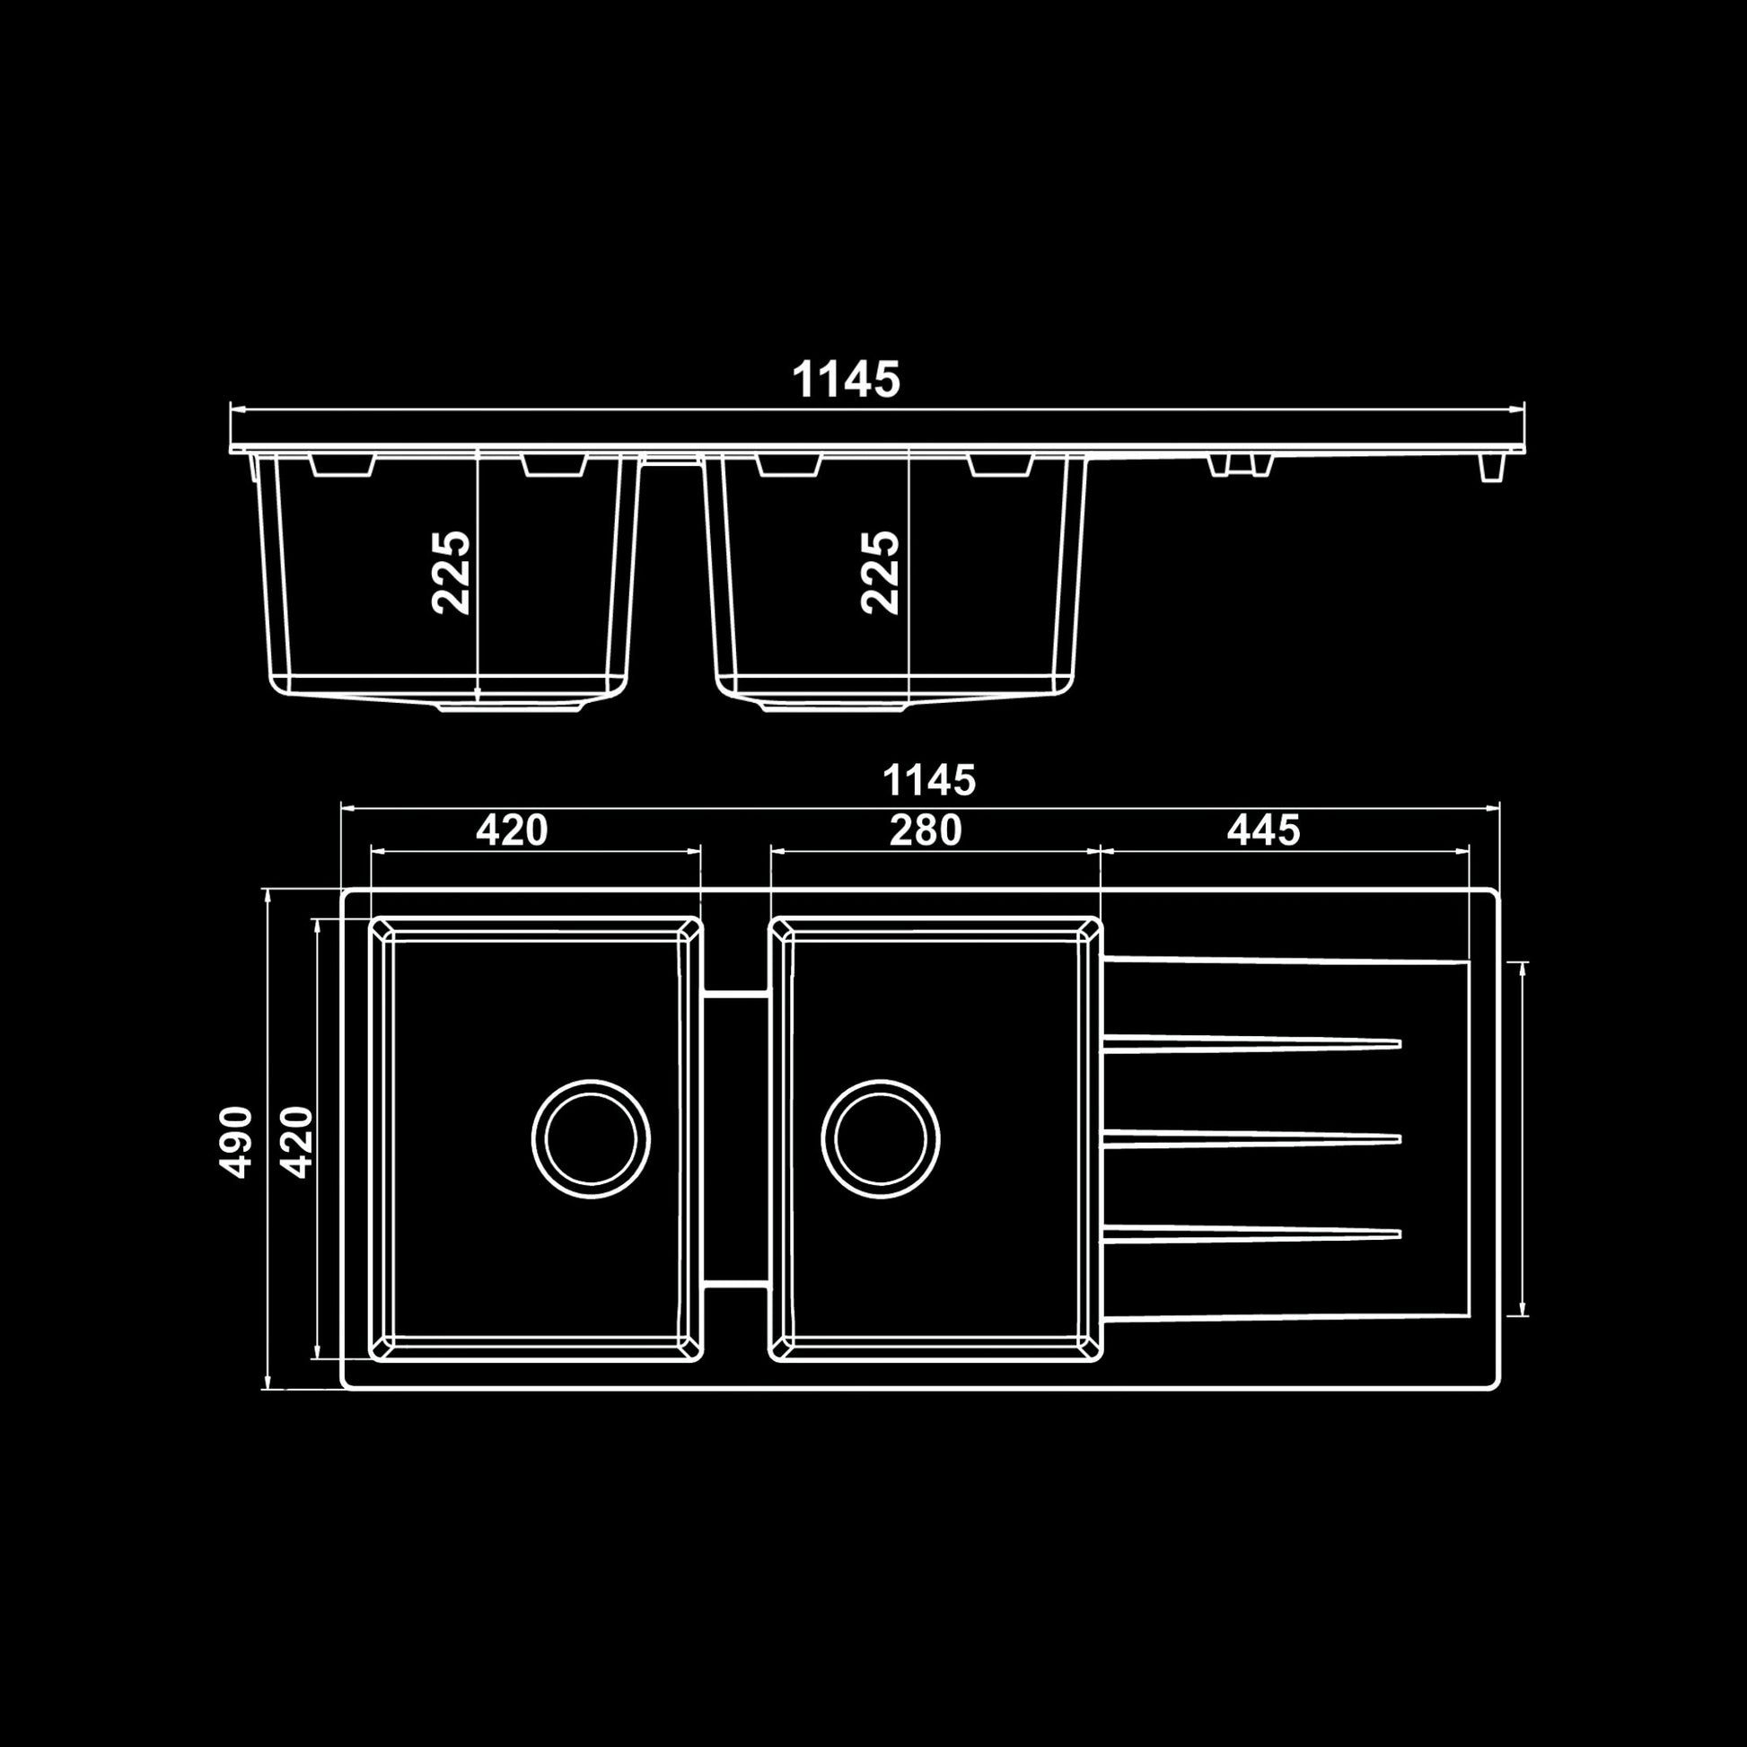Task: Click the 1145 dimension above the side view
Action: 846,380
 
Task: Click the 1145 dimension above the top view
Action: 928,780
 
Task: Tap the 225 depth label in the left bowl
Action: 452,573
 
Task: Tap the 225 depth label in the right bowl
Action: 880,573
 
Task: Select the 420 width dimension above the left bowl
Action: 512,830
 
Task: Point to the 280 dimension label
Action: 925,830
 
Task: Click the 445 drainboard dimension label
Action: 1263,830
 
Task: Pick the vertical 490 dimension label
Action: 236,1141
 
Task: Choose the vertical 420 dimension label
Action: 295,1141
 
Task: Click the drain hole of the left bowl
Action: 591,1138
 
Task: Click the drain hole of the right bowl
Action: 880,1138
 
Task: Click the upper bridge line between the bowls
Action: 735,994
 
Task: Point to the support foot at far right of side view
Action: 1492,468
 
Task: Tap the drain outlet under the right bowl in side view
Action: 833,707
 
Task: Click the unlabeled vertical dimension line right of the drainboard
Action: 1523,1138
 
